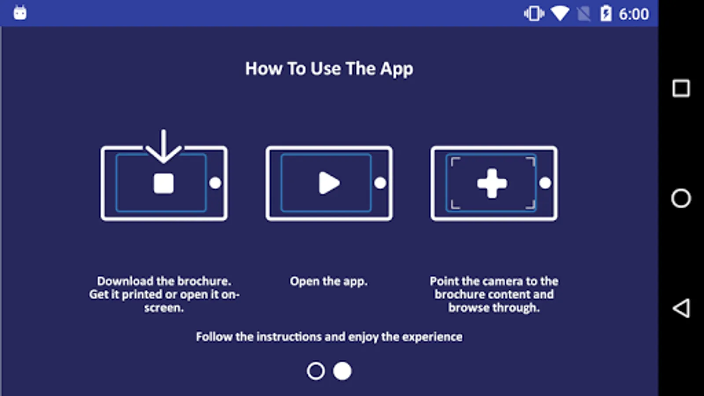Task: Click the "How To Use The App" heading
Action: point(329,69)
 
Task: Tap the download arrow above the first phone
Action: point(163,146)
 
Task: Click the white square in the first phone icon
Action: point(163,183)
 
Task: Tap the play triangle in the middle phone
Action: point(329,183)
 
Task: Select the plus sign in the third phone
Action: point(492,183)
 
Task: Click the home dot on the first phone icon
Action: point(215,183)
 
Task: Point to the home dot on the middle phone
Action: point(380,183)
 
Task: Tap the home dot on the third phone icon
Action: point(545,183)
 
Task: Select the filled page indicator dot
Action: point(342,371)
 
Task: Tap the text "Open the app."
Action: point(329,281)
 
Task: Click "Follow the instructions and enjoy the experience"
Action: point(329,337)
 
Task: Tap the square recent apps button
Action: point(681,88)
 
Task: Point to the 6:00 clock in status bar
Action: point(634,14)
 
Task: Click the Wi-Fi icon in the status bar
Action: point(560,14)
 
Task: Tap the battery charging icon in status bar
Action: point(606,14)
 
